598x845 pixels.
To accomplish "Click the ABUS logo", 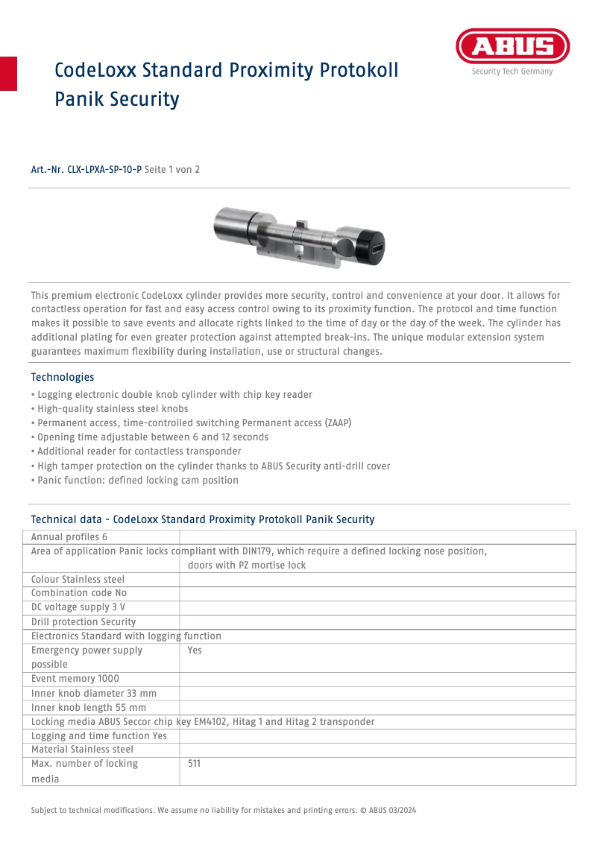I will point(512,48).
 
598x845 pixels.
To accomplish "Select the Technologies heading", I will point(63,377).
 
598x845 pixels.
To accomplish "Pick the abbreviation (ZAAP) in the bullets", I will point(338,423).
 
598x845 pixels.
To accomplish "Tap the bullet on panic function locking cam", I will point(135,481).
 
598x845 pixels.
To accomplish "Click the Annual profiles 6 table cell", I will point(69,537).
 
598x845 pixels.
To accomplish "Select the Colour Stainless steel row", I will point(78,580).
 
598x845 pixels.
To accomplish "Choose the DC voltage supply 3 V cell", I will point(78,608).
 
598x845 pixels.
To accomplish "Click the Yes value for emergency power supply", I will point(195,651).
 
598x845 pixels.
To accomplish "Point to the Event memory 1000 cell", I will point(75,679).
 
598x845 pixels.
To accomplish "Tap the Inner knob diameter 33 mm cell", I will point(94,694).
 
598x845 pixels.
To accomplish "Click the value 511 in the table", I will point(195,764).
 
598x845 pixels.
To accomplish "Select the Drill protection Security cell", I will point(84,622).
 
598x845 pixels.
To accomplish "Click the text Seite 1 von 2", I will point(172,170).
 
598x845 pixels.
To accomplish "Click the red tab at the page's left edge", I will point(8,73).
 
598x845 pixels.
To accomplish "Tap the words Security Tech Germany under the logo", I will point(512,72).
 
